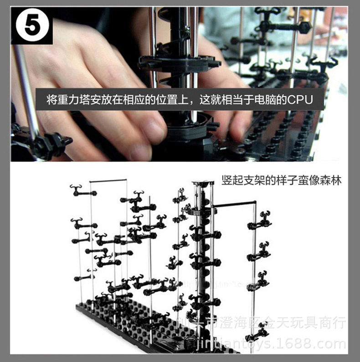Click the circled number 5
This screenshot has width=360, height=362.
[31, 25]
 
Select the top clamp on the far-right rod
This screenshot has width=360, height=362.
[260, 222]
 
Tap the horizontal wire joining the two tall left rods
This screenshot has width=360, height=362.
[108, 181]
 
